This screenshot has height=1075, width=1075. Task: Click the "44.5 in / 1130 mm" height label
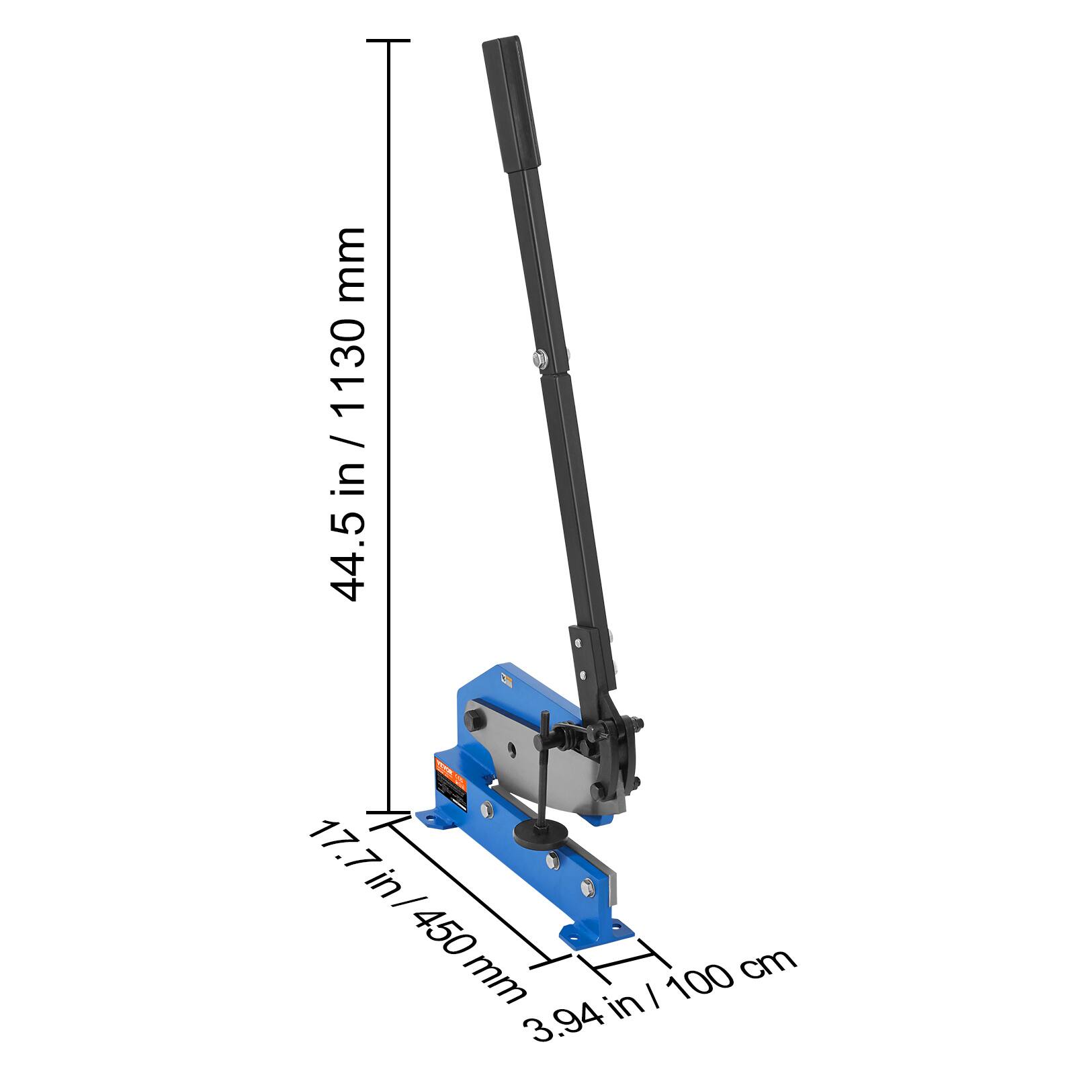tap(348, 413)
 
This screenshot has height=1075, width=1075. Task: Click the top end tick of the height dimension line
tap(388, 41)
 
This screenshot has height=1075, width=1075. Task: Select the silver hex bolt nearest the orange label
tap(488, 811)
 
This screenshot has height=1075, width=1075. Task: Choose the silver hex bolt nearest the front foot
tap(585, 888)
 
